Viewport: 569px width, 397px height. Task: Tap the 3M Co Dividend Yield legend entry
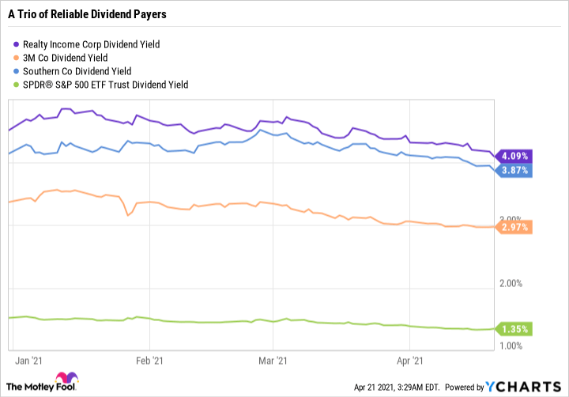click(x=66, y=57)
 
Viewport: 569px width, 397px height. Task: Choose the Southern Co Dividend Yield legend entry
click(x=77, y=70)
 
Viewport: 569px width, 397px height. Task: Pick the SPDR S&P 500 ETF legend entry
click(x=103, y=84)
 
